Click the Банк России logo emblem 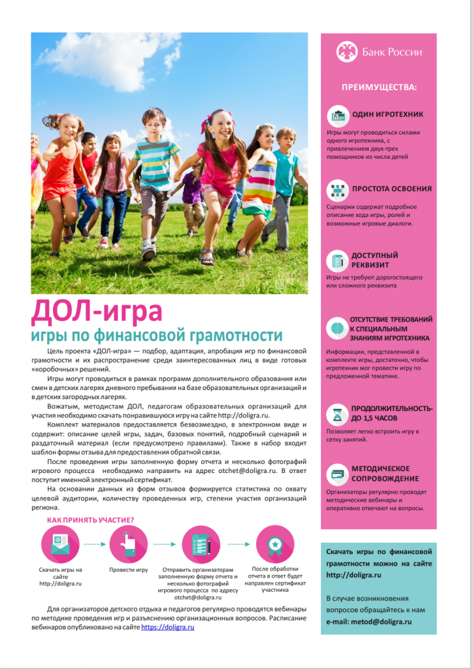[346, 52]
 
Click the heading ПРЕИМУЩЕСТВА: [378, 87]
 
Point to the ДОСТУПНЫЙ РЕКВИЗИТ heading [374, 260]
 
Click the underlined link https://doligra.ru [168, 627]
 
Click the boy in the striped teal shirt [155, 176]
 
